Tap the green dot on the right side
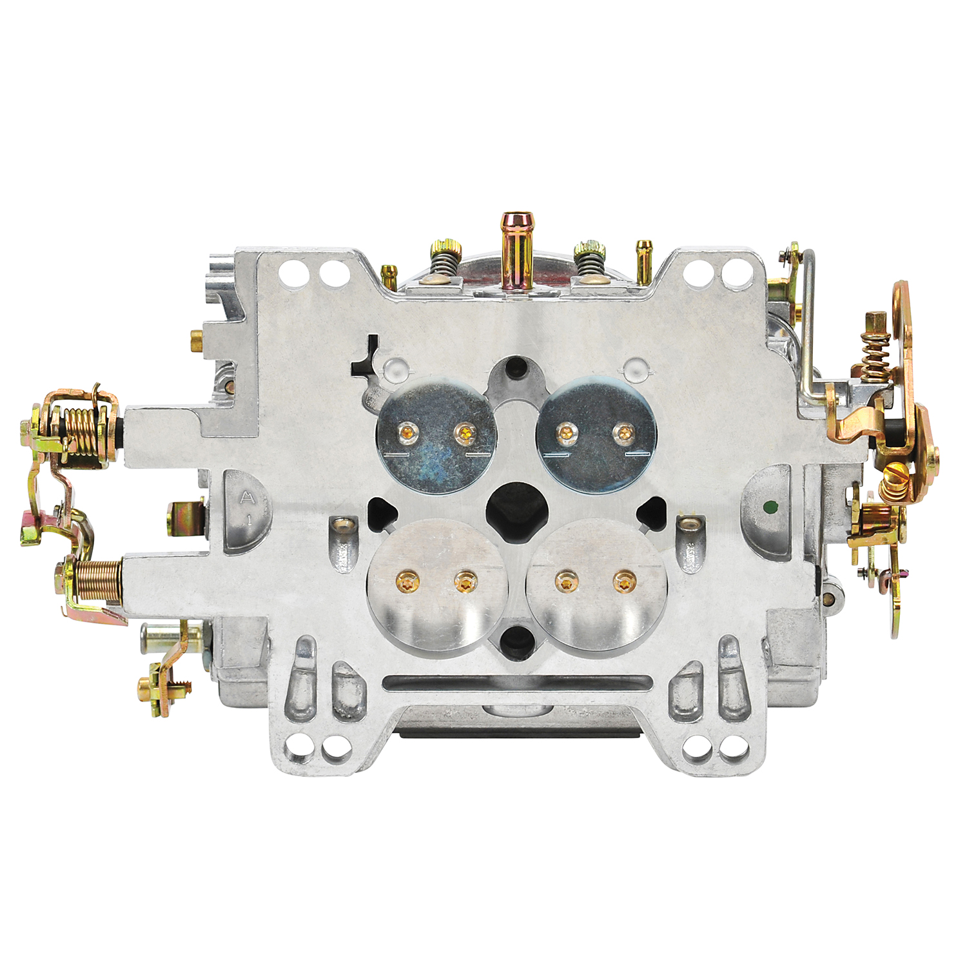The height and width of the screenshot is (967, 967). click(768, 507)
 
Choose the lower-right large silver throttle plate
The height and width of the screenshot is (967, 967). click(594, 583)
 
